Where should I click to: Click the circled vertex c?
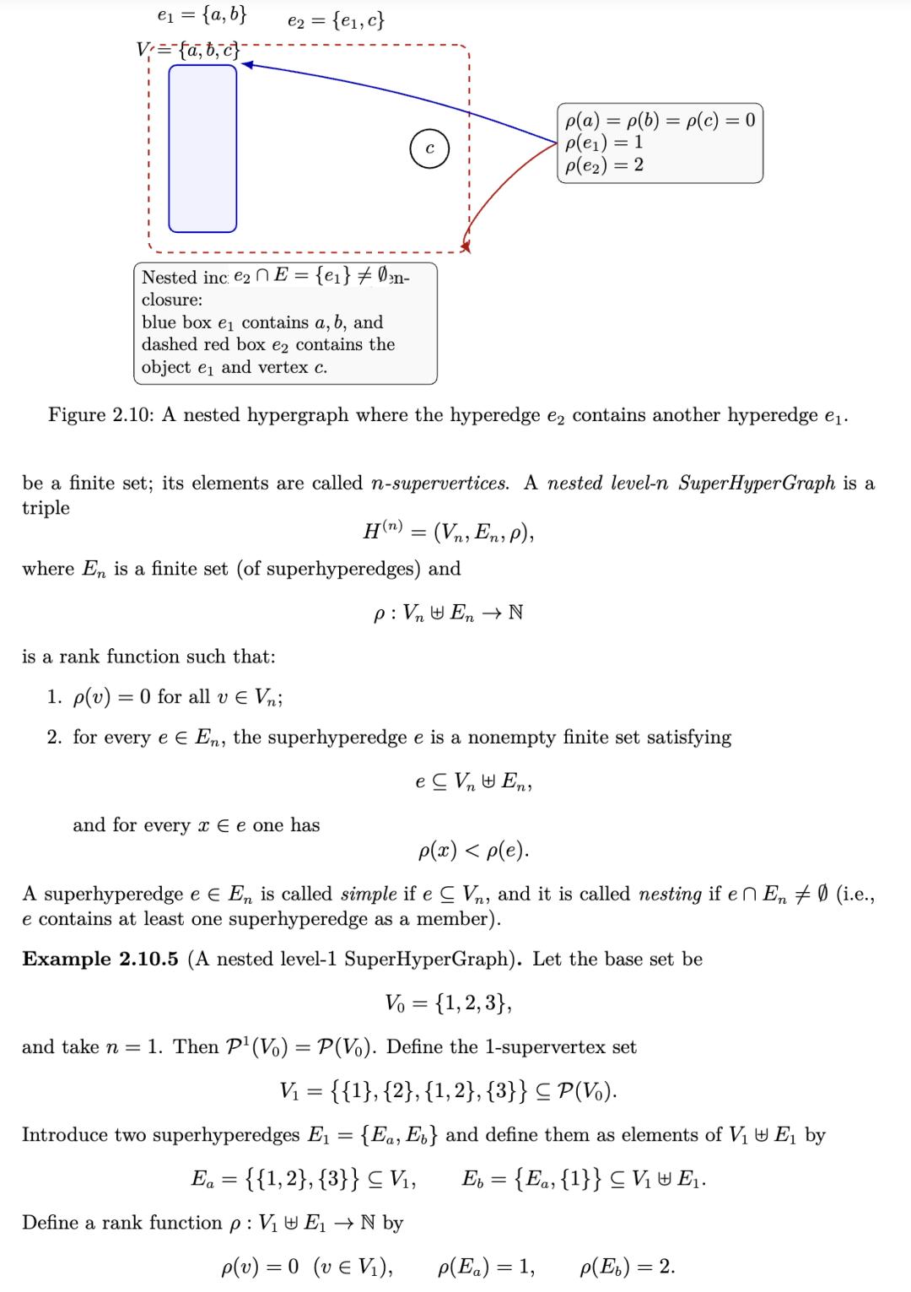(x=429, y=149)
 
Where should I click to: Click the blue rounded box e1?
(x=202, y=149)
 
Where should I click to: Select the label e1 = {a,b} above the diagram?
(x=202, y=15)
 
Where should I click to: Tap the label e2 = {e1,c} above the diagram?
(x=336, y=20)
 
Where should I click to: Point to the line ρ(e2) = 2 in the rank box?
(x=604, y=165)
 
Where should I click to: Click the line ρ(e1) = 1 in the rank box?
(x=604, y=143)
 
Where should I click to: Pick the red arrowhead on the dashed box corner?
(x=465, y=246)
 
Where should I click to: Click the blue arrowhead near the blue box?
(x=247, y=65)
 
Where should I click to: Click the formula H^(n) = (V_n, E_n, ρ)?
(x=448, y=532)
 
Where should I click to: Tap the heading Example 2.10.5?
(x=100, y=960)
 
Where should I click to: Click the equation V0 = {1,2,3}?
(x=448, y=1003)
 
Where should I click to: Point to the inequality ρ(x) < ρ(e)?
(x=473, y=851)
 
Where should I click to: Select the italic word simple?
(x=369, y=894)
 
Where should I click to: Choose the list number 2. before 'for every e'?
(x=54, y=738)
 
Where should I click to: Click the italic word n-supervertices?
(x=439, y=484)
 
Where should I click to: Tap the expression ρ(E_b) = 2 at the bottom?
(x=627, y=1267)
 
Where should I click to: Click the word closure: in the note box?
(x=172, y=300)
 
